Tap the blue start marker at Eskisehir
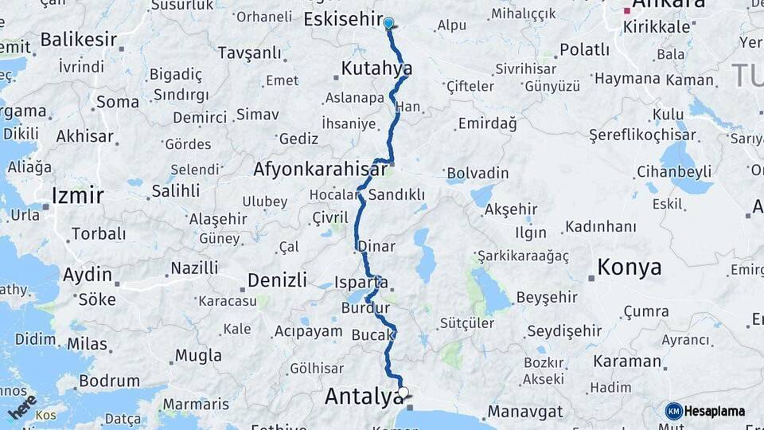click(x=388, y=23)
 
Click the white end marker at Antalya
click(x=403, y=392)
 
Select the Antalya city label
click(x=362, y=395)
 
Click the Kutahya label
click(x=376, y=68)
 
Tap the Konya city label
click(x=629, y=267)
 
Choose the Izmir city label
click(x=77, y=195)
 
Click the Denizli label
click(x=277, y=280)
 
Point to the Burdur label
click(x=365, y=307)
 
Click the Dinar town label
click(x=376, y=246)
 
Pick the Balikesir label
click(x=78, y=39)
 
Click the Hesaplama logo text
click(x=714, y=411)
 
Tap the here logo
click(x=22, y=407)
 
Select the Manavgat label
click(x=524, y=412)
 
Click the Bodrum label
click(x=109, y=381)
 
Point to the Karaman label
click(x=627, y=361)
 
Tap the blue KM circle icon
click(x=674, y=411)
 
